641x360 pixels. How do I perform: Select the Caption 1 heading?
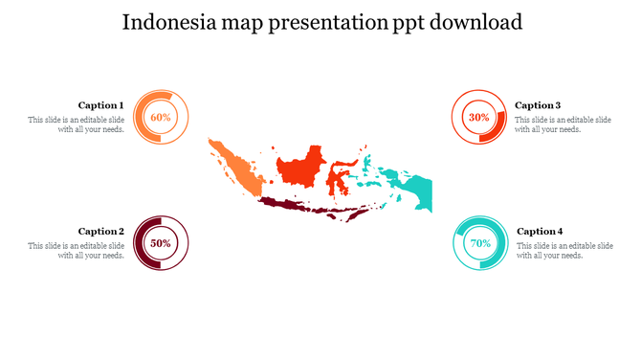tap(100, 105)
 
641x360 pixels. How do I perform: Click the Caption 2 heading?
tap(101, 231)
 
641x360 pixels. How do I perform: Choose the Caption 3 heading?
tap(538, 105)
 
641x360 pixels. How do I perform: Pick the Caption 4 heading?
tap(540, 231)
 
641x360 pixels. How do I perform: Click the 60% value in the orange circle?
tap(161, 117)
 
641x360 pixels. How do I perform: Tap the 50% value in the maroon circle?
tap(161, 243)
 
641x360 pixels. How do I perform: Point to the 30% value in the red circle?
tap(478, 117)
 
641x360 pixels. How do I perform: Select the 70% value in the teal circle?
tap(480, 243)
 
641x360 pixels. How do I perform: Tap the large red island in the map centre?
tap(298, 169)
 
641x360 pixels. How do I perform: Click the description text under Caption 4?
tap(564, 251)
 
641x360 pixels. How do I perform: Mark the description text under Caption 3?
tap(563, 124)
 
